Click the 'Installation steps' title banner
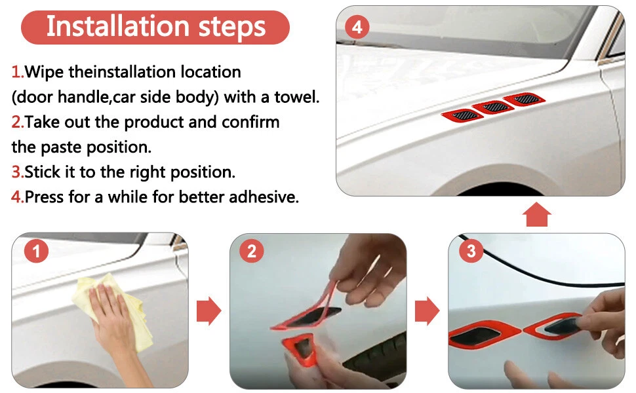click(155, 27)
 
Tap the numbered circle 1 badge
click(36, 251)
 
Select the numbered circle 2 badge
click(252, 251)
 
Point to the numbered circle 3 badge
click(471, 251)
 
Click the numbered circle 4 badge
click(357, 27)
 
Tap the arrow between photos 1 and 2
click(209, 310)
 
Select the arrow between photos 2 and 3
click(427, 310)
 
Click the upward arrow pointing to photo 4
click(536, 215)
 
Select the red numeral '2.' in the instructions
click(18, 122)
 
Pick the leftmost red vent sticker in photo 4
click(462, 115)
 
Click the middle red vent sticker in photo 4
click(493, 107)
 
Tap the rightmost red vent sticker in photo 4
click(524, 99)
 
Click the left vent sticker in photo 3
click(484, 334)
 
